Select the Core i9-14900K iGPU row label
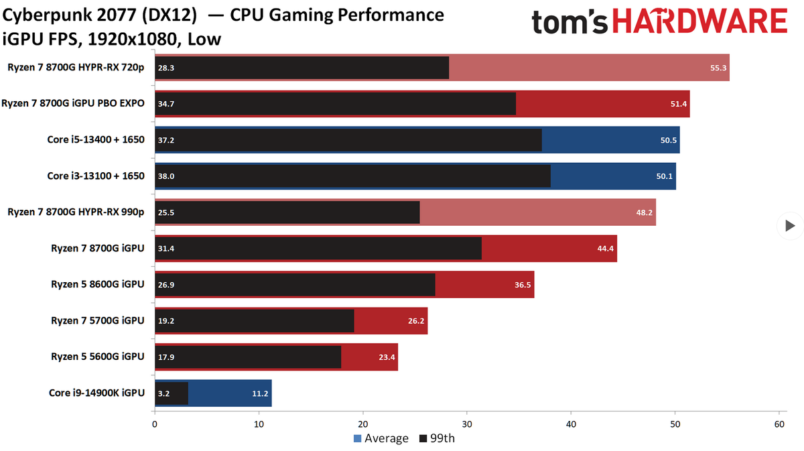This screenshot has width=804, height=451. [96, 393]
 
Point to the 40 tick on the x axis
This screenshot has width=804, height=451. [571, 424]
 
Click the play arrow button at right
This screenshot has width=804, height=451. [789, 226]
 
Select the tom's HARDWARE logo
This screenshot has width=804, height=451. [659, 23]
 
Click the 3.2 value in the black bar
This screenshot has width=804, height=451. [164, 393]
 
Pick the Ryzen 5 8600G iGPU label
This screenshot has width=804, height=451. [98, 284]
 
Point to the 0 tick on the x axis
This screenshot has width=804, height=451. [155, 424]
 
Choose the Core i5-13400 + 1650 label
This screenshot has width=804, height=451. [96, 139]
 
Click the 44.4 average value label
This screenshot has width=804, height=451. [605, 249]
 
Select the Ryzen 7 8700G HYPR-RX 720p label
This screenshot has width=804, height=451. [76, 67]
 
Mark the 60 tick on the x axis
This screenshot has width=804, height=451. [779, 424]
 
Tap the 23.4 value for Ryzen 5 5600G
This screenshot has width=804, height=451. [387, 357]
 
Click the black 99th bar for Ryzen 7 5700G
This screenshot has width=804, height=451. [255, 321]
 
